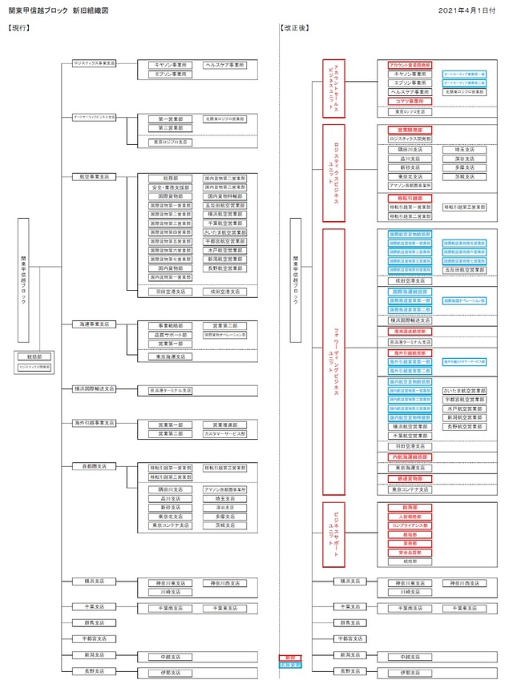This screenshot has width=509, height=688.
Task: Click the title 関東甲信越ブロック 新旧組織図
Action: click(58, 10)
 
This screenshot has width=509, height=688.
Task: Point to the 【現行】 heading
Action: click(18, 28)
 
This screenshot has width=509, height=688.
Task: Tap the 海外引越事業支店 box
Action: click(94, 422)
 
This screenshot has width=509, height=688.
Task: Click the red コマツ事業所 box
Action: click(410, 102)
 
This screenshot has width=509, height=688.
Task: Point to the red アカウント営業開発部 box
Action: click(410, 64)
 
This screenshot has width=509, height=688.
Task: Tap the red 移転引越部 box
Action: click(410, 198)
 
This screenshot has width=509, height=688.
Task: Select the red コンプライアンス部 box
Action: click(410, 525)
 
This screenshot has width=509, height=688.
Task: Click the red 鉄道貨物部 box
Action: click(410, 478)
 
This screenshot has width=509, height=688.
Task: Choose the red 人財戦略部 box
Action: click(410, 517)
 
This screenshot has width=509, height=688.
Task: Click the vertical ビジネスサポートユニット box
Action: click(333, 533)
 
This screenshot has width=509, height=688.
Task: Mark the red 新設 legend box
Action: click(289, 658)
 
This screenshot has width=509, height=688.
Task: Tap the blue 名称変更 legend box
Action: click(289, 665)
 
